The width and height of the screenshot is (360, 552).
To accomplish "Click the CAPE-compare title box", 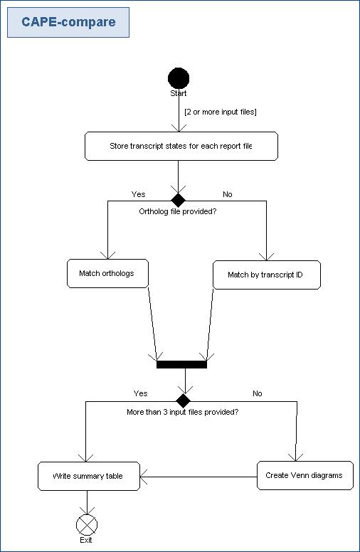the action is (x=68, y=22).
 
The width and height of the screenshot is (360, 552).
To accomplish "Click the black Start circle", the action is (x=179, y=78).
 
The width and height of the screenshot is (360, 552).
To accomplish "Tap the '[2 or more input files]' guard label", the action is (x=221, y=112).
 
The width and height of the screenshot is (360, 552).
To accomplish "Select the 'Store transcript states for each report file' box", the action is (x=181, y=146).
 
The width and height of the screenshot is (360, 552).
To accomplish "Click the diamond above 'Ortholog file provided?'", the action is (x=179, y=200).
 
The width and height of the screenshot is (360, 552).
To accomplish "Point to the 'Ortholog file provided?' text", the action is (x=178, y=211).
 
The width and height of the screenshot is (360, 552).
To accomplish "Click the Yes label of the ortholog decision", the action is (x=138, y=194).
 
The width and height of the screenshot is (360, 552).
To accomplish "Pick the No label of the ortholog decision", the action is (x=228, y=194).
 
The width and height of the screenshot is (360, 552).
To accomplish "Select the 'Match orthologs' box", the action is (x=108, y=274).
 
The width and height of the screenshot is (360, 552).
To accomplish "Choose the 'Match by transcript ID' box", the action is (x=267, y=275).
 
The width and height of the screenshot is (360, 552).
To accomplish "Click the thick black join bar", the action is (x=181, y=364).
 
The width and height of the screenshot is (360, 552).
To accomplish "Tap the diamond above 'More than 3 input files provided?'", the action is (x=183, y=400).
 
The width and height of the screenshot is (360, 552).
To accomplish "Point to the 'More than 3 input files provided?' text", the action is (x=182, y=412).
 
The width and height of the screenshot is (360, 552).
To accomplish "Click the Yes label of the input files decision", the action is (x=141, y=393).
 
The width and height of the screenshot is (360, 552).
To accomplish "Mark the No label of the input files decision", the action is (x=258, y=393).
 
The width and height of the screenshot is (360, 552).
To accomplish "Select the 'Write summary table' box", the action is (x=89, y=477).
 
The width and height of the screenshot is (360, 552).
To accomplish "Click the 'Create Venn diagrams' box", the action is (x=305, y=476).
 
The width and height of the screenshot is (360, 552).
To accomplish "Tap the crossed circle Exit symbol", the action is (x=87, y=524).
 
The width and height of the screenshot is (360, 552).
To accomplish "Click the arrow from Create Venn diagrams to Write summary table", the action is (x=198, y=477).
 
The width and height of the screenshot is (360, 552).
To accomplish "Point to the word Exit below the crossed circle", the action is (x=86, y=540).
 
